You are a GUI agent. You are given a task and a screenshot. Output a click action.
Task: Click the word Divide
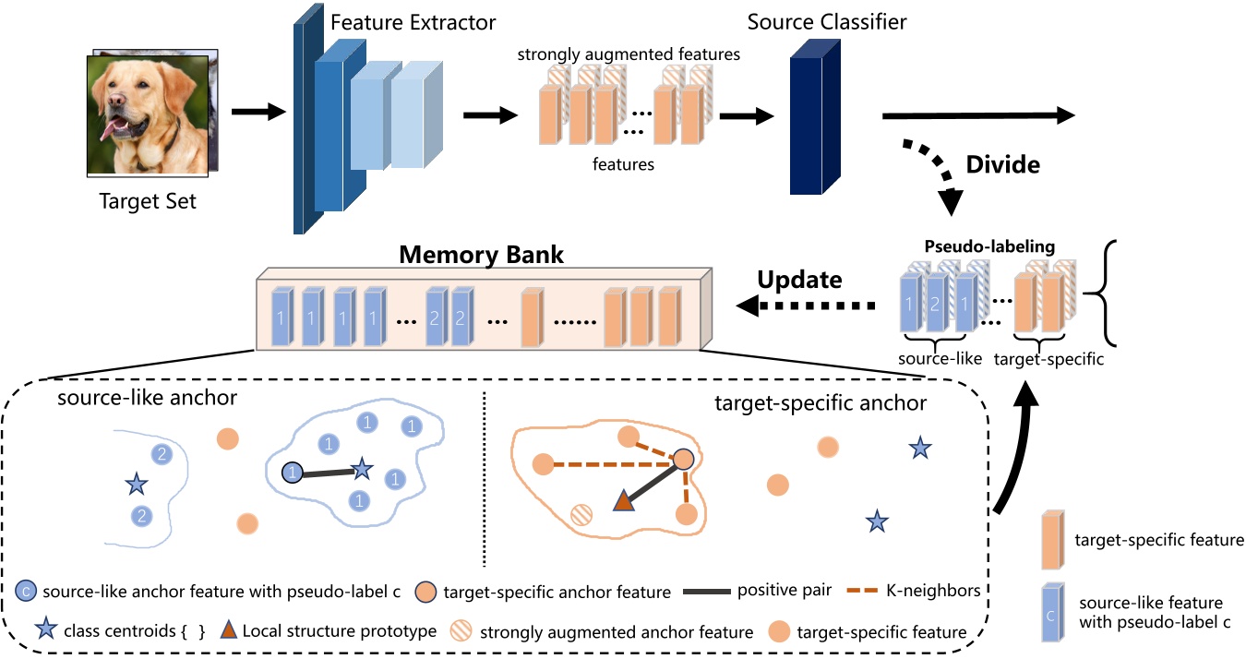[x=1002, y=165]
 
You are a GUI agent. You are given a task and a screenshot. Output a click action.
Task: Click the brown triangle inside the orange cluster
[x=624, y=500]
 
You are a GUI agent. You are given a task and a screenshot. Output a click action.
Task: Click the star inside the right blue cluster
[x=363, y=470]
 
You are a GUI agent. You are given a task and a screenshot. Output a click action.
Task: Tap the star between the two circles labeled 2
[x=137, y=483]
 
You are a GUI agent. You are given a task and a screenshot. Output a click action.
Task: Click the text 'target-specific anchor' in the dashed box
[x=821, y=404]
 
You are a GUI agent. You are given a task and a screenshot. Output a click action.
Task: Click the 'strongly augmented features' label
[x=628, y=54]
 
